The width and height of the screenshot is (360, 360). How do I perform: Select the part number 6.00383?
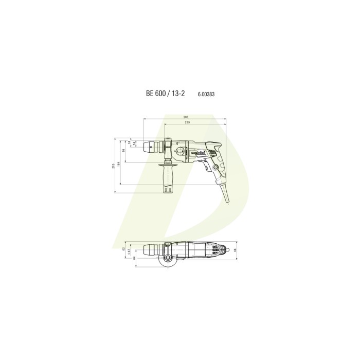(x=206, y=95)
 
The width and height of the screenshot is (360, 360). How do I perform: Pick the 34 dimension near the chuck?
(x=129, y=143)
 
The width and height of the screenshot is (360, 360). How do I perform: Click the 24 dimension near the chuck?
(x=134, y=144)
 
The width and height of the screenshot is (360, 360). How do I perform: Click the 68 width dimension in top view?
(x=235, y=250)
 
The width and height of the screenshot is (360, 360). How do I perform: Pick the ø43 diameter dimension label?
(x=129, y=252)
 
